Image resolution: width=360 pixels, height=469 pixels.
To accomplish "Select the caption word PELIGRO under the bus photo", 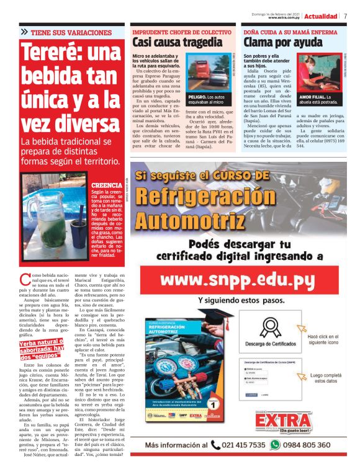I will point(199,97).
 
